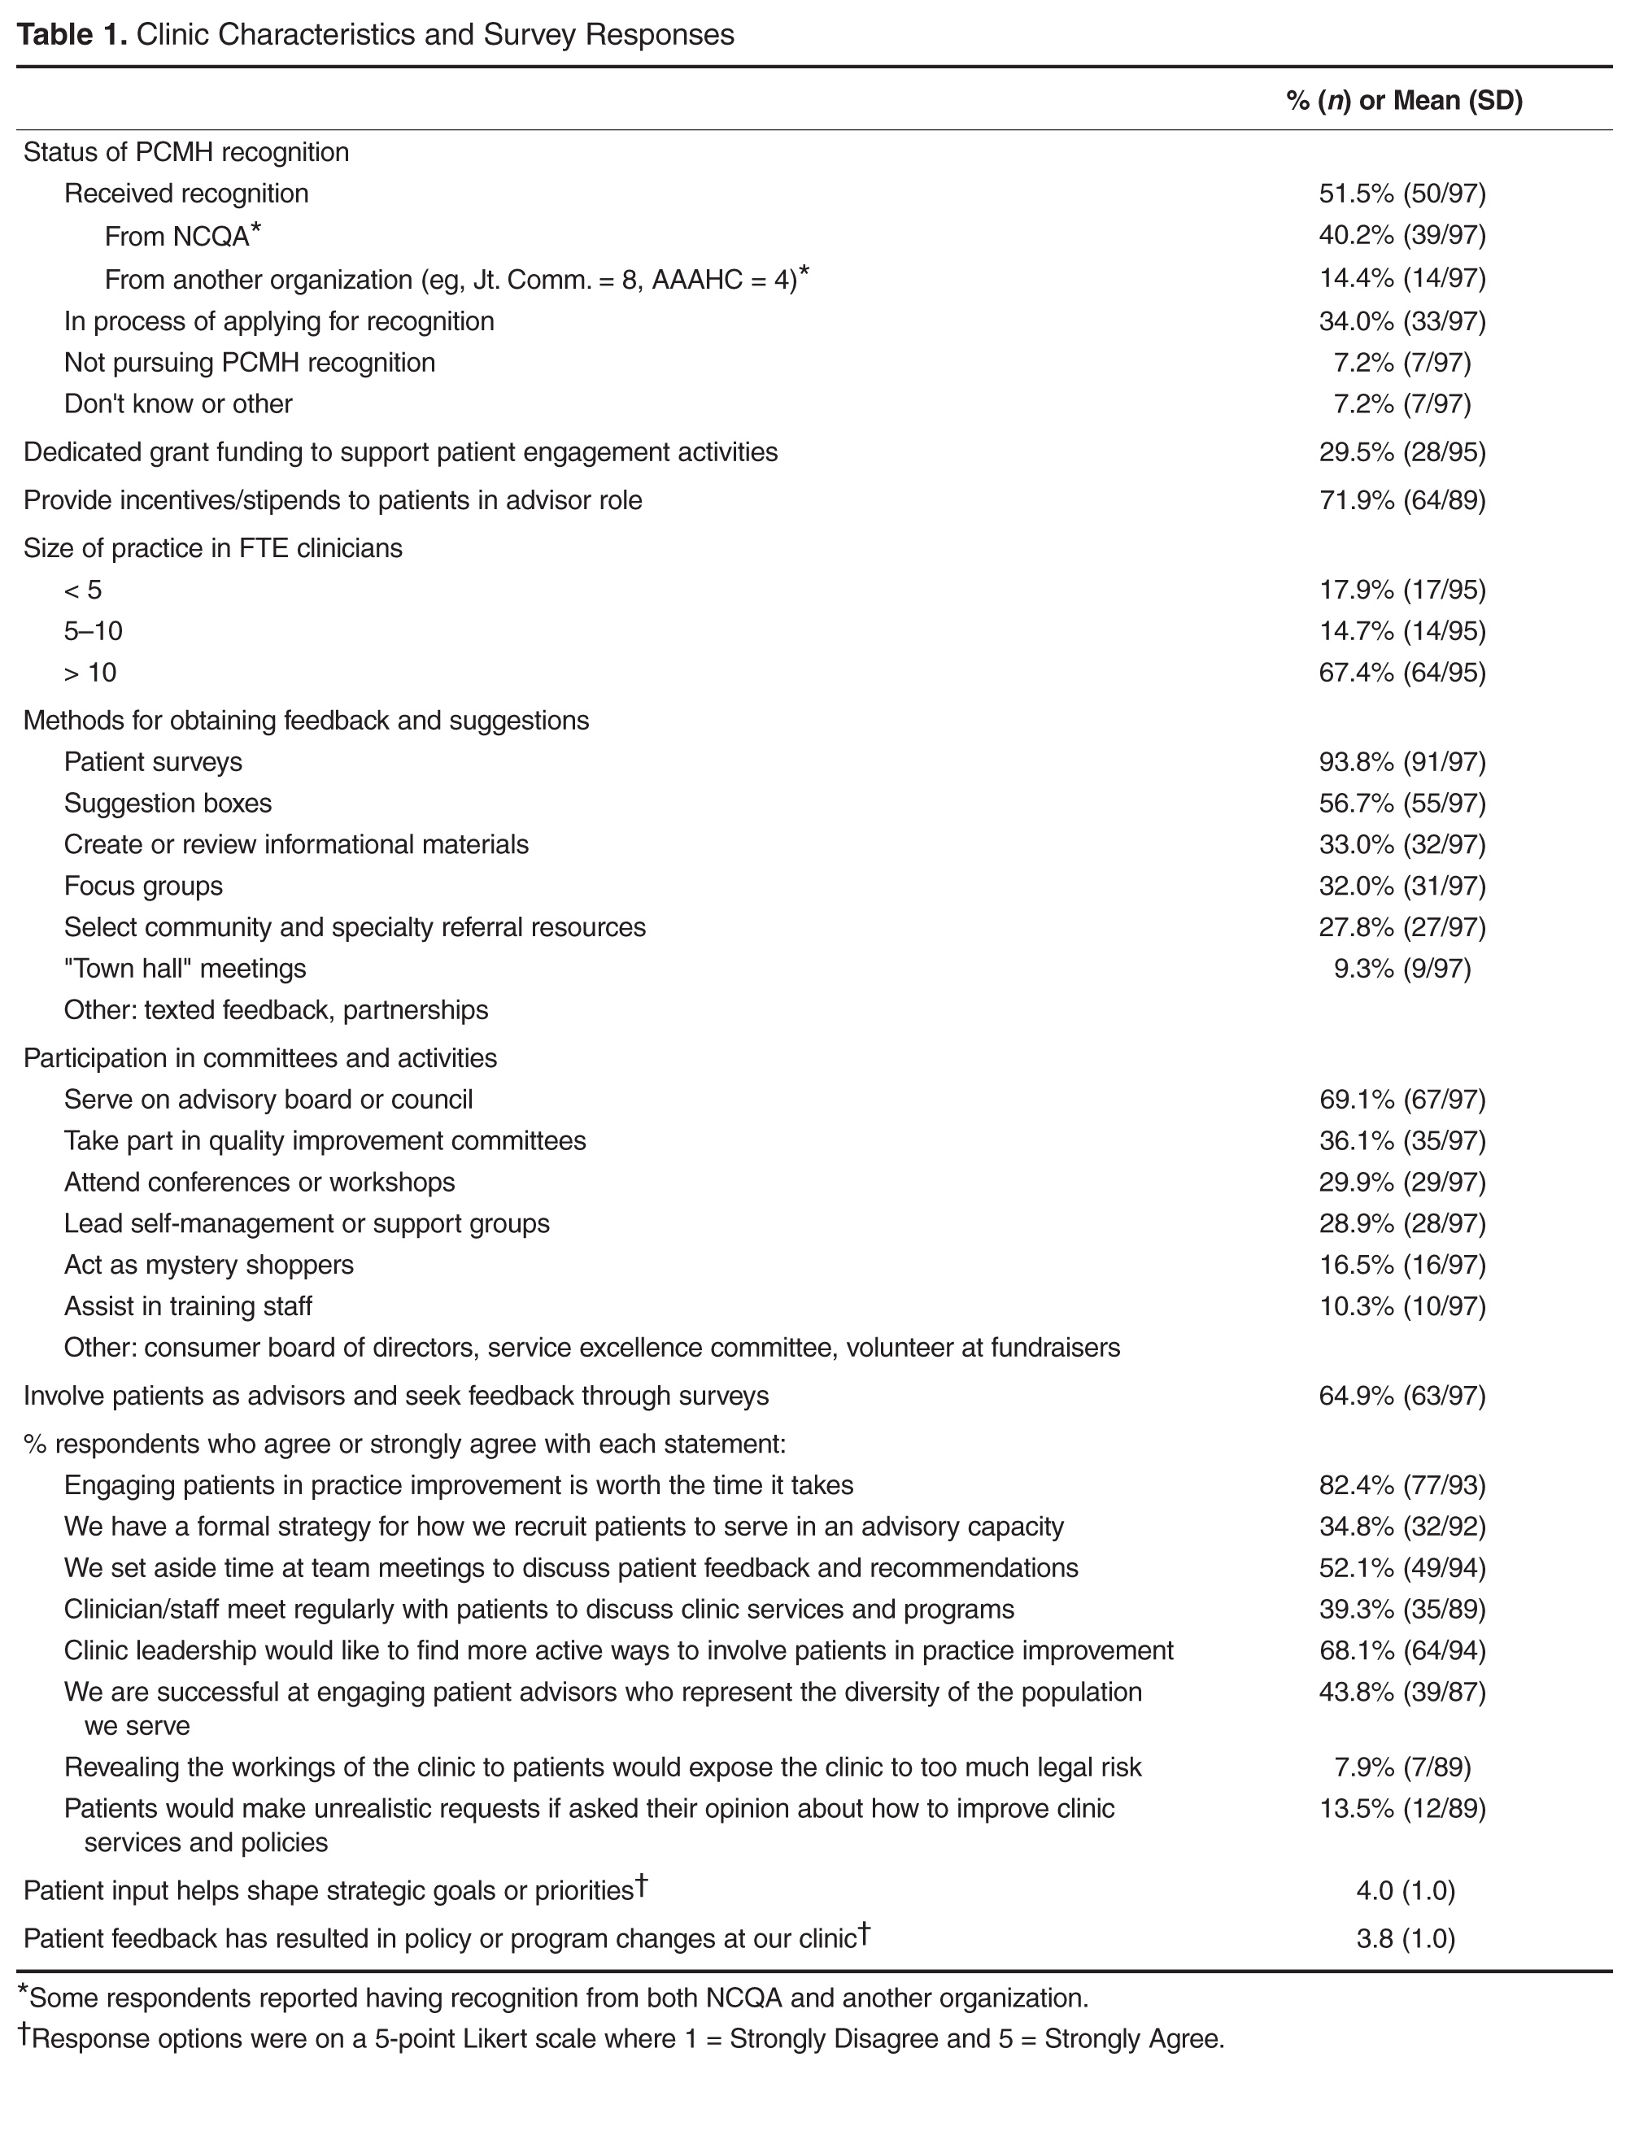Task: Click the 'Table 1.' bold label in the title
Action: pyautogui.click(x=72, y=35)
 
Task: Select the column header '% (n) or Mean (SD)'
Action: pyautogui.click(x=1403, y=101)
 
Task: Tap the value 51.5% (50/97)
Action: pyautogui.click(x=1401, y=194)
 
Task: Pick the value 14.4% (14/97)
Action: pyautogui.click(x=1401, y=279)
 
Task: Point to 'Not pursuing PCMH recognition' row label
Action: pyautogui.click(x=250, y=363)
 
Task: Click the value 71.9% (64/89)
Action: pyautogui.click(x=1401, y=500)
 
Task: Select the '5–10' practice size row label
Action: pyautogui.click(x=93, y=631)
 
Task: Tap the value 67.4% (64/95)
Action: pyautogui.click(x=1401, y=673)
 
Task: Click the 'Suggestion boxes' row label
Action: pyautogui.click(x=168, y=804)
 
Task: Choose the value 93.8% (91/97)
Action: pyautogui.click(x=1401, y=763)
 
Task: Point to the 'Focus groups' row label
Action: pyautogui.click(x=143, y=887)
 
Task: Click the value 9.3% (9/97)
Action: pyautogui.click(x=1401, y=969)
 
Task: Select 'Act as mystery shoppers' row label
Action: pyautogui.click(x=209, y=1265)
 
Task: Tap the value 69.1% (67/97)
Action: pyautogui.click(x=1401, y=1100)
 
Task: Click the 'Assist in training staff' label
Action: pyautogui.click(x=188, y=1306)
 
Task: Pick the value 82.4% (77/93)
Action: pyautogui.click(x=1401, y=1484)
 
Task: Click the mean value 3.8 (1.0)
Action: pyautogui.click(x=1406, y=1938)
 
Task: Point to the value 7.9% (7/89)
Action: pyautogui.click(x=1401, y=1767)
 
